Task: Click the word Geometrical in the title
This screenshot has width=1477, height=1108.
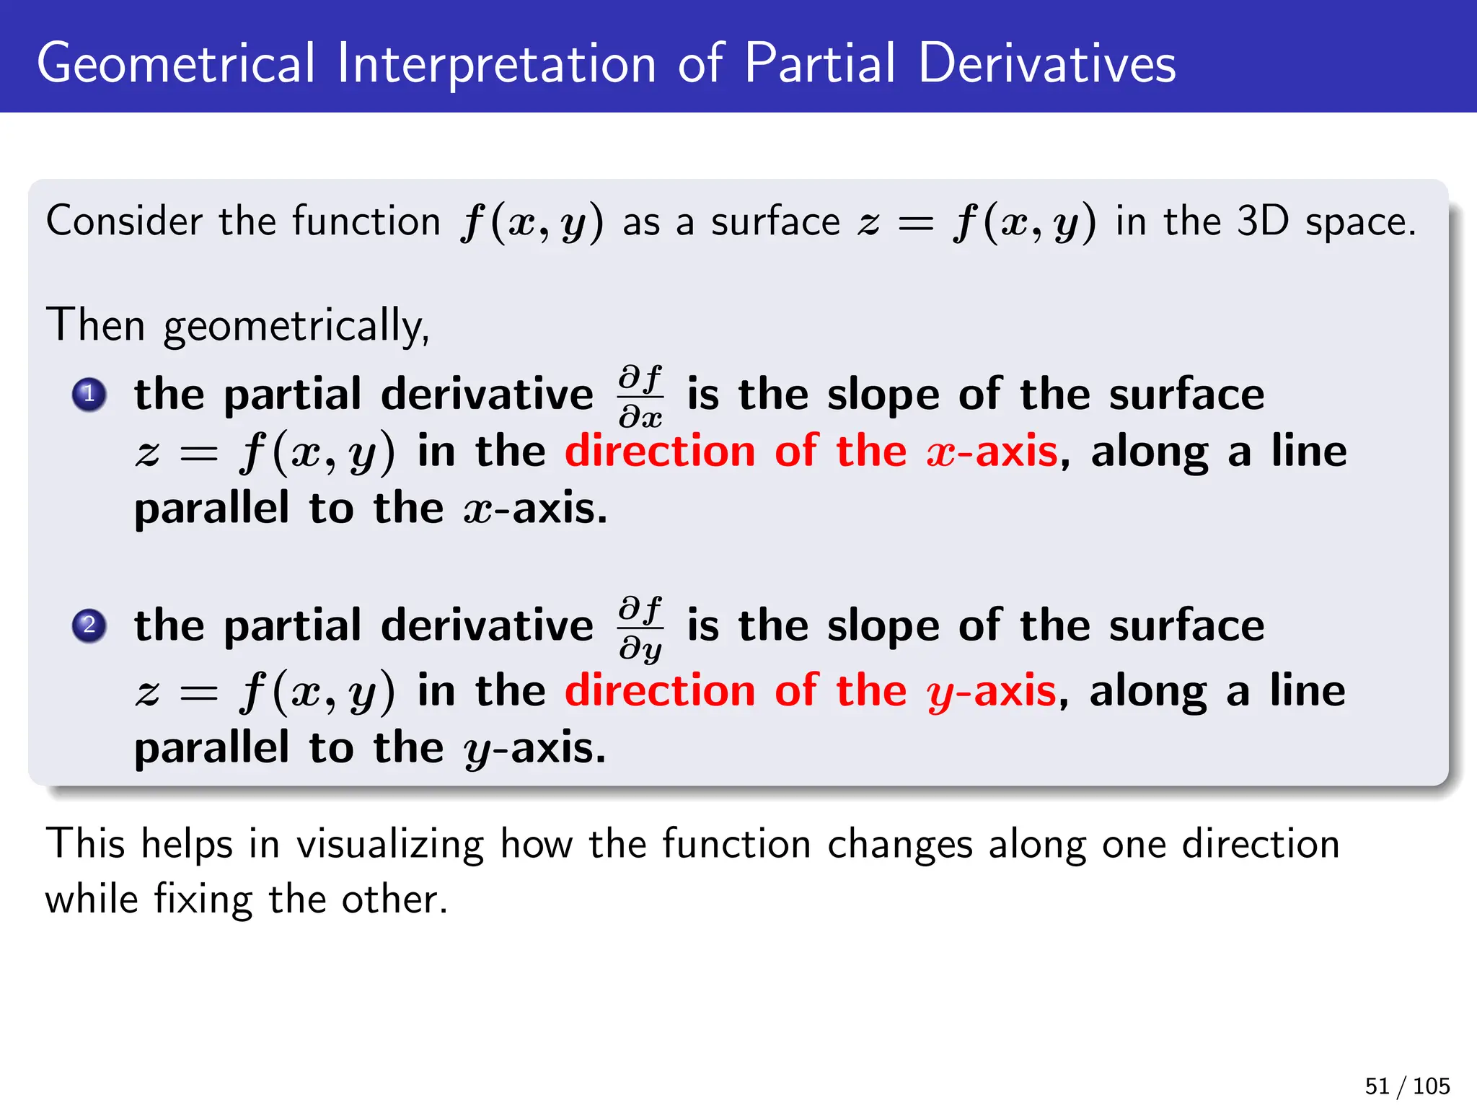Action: point(176,63)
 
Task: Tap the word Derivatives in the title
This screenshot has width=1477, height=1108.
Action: point(1046,63)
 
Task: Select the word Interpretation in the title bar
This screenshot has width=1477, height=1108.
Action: point(496,63)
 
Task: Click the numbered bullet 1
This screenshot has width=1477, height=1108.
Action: point(89,395)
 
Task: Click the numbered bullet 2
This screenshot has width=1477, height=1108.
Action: point(89,625)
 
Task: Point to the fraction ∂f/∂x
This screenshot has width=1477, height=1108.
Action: point(640,396)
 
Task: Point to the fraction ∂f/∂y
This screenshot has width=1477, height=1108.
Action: point(640,628)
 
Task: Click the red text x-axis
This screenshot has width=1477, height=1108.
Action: point(992,452)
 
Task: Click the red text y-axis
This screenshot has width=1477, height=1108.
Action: point(992,691)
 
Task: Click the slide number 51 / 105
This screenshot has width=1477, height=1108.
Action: point(1407,1086)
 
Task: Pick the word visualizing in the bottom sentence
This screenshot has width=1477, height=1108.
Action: point(390,844)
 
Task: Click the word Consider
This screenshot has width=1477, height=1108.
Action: point(124,221)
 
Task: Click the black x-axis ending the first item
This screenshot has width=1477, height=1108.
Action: point(535,509)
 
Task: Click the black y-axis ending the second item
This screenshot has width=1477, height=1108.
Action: point(535,749)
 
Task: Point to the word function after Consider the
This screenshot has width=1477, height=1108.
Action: point(366,221)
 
